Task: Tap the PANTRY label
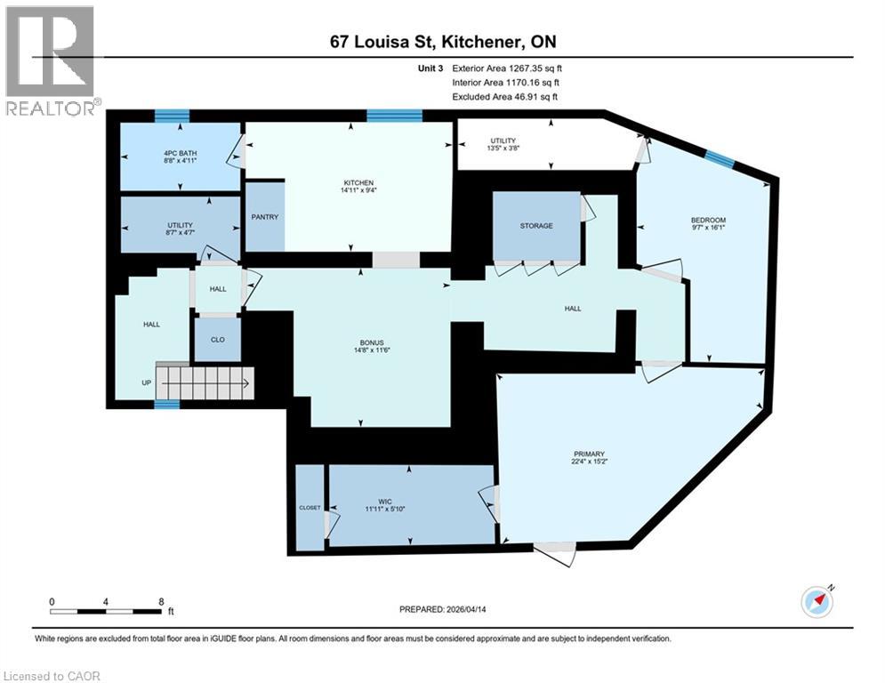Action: [x=265, y=217]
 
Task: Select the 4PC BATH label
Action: [x=181, y=154]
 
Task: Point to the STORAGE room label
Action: [x=536, y=226]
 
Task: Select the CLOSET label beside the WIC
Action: [x=310, y=508]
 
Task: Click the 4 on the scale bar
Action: [x=106, y=602]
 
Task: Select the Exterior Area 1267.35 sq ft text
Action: [x=506, y=68]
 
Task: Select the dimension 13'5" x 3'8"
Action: [x=503, y=148]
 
